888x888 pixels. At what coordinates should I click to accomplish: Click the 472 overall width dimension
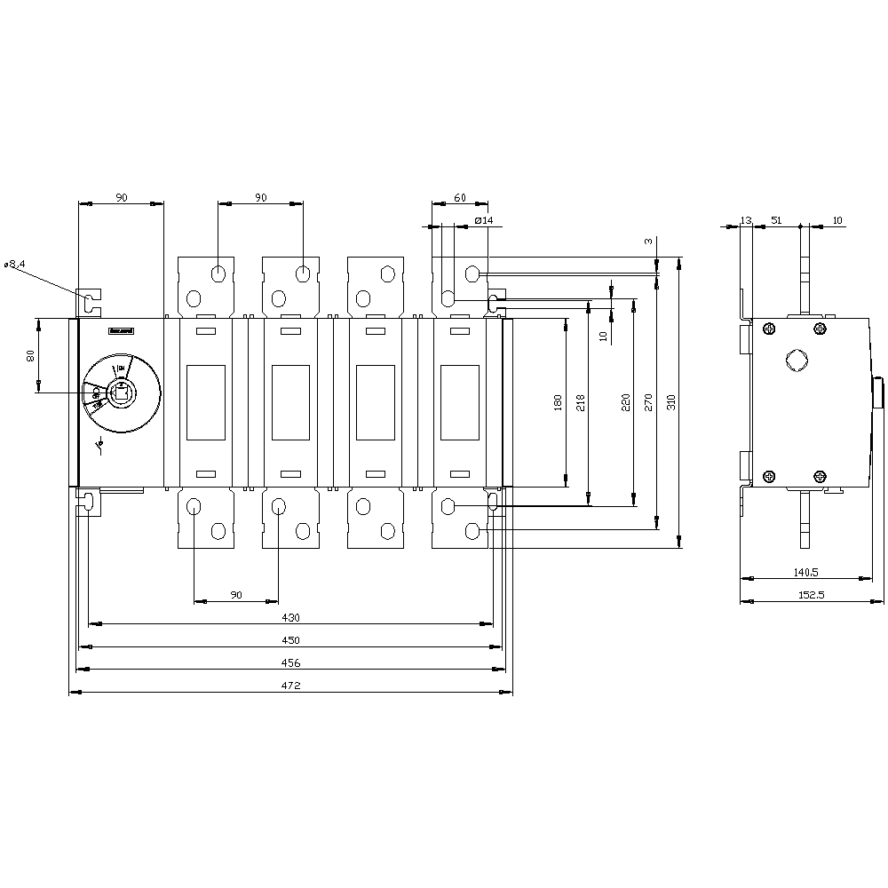[x=291, y=686]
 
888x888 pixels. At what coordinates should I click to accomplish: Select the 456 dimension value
[x=291, y=662]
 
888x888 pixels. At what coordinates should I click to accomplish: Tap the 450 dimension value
[x=291, y=640]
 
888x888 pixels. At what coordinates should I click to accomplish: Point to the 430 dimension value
[x=291, y=617]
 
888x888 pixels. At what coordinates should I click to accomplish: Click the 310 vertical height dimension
[x=671, y=402]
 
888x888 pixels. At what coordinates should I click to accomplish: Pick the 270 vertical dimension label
[x=648, y=402]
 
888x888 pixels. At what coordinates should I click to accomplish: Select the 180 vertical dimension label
[x=558, y=402]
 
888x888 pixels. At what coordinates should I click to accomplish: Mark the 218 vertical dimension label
[x=581, y=402]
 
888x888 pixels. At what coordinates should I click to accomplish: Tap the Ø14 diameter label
[x=484, y=219]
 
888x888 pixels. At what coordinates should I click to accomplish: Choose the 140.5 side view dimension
[x=806, y=573]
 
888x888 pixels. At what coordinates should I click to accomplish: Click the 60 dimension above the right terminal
[x=459, y=198]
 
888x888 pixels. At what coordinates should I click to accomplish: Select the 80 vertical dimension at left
[x=30, y=355]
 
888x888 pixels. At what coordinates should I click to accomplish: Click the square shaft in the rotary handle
[x=120, y=391]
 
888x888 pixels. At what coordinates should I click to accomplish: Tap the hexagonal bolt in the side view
[x=795, y=361]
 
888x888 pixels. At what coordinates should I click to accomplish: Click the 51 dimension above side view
[x=776, y=219]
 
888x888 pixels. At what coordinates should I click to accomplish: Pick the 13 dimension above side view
[x=745, y=219]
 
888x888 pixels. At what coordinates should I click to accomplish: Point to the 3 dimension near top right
[x=648, y=242]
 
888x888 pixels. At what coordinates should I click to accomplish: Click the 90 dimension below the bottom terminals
[x=235, y=594]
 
